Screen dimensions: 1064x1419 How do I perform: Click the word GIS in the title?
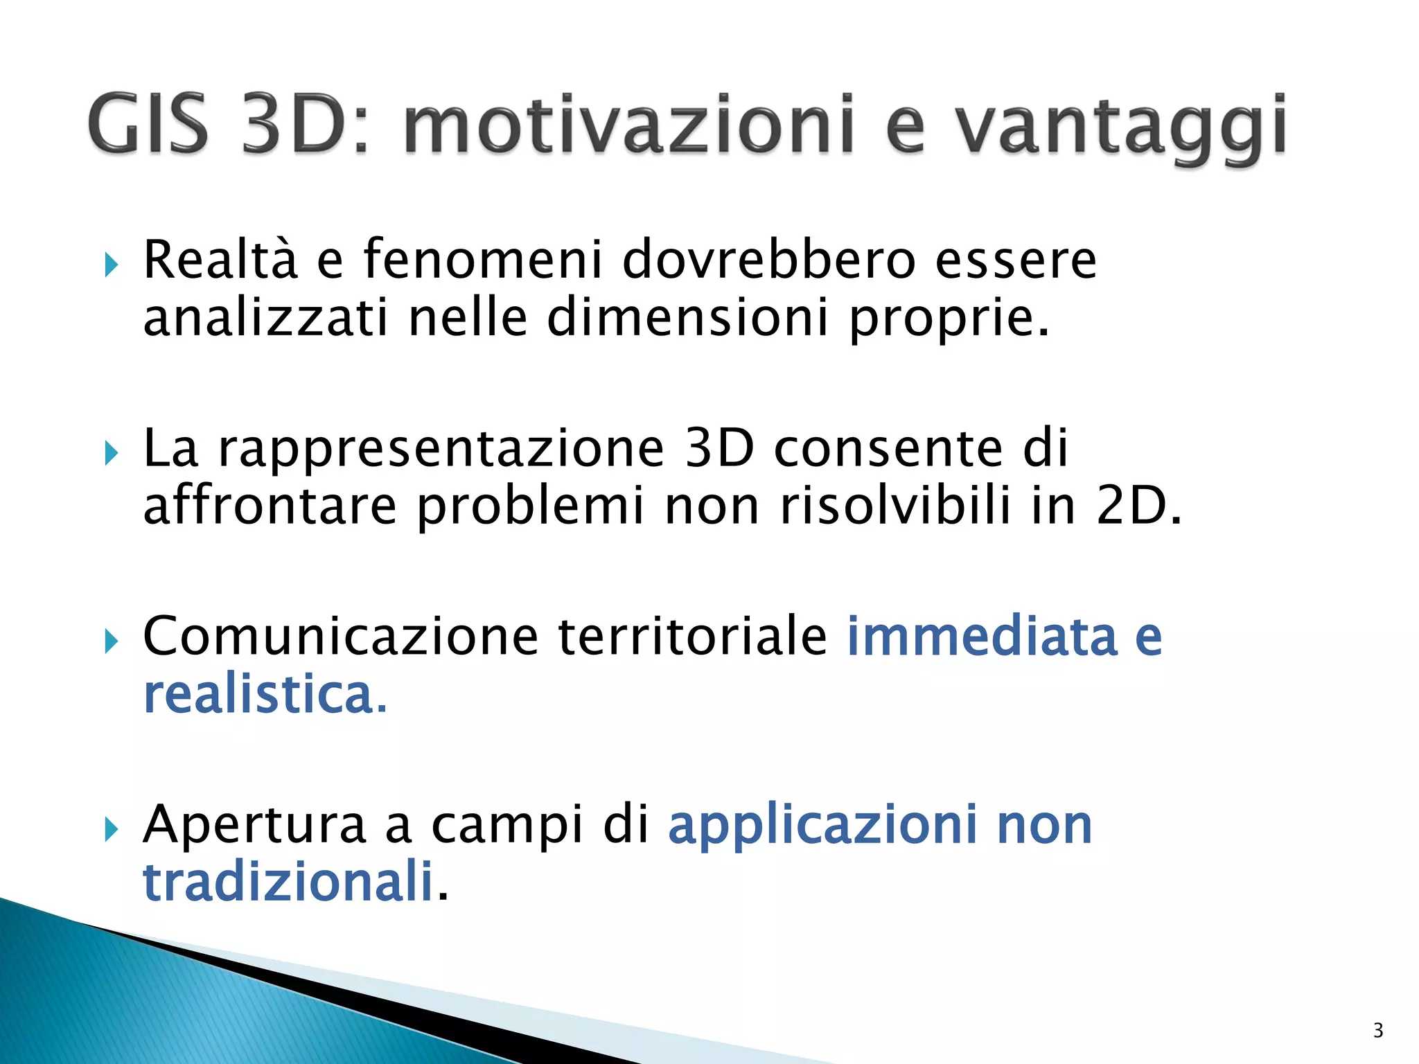click(x=148, y=125)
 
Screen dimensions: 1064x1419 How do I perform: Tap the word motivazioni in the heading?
click(x=628, y=125)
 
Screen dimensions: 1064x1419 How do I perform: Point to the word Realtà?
click(x=221, y=259)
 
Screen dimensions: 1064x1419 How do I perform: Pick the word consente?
click(x=888, y=448)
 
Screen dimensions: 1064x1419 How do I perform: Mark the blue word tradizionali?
click(x=288, y=881)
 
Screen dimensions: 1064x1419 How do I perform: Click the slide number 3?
click(x=1378, y=1031)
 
